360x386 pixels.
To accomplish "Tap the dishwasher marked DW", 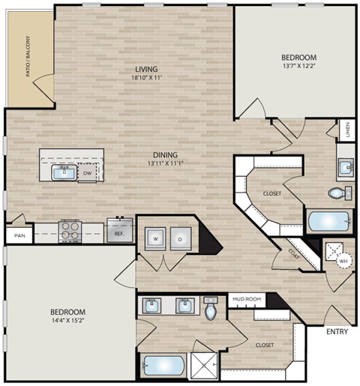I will [88, 173].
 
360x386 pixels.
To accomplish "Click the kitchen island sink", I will [63, 173].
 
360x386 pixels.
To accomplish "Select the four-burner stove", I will [70, 229].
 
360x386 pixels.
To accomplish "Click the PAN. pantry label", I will [19, 235].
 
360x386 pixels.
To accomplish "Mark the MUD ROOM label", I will [246, 299].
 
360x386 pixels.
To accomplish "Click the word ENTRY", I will [337, 331].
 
